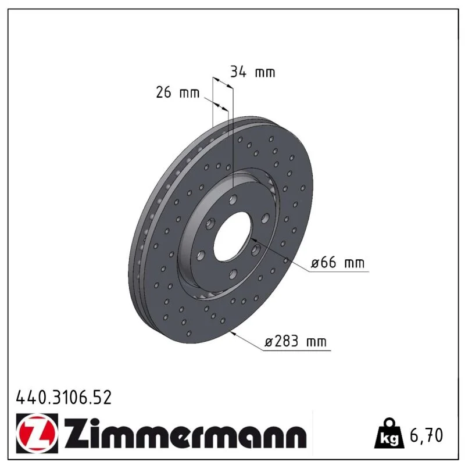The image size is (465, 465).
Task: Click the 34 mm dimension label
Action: tap(253, 72)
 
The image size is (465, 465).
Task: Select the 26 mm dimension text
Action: tap(178, 92)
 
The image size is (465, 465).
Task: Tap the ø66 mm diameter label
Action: tap(338, 263)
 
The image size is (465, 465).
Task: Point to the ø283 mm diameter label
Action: tap(295, 341)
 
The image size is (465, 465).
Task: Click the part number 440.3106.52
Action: tap(64, 398)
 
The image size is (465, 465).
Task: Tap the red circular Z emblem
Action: tap(37, 433)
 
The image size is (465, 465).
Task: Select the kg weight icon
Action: tap(389, 434)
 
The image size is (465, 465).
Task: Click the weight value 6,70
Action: tap(426, 435)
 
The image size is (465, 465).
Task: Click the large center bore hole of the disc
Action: tap(232, 237)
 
